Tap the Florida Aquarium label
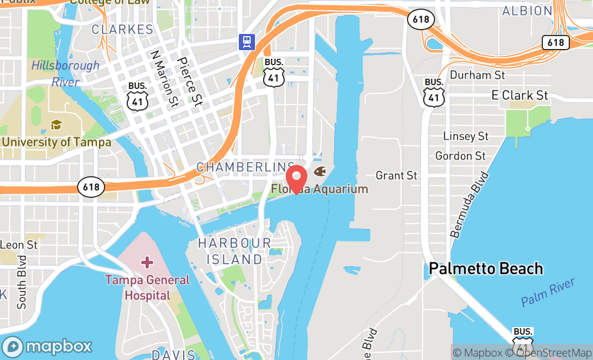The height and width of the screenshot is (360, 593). click(x=320, y=189)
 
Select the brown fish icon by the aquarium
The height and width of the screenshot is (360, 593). click(x=319, y=172)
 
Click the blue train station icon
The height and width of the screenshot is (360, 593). click(x=247, y=41)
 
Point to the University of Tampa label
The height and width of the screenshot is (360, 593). click(x=56, y=142)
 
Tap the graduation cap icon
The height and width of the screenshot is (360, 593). click(x=56, y=125)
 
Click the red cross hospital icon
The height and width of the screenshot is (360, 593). click(x=147, y=262)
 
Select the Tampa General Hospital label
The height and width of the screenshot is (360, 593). click(x=147, y=288)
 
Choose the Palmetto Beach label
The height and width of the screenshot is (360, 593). click(x=486, y=268)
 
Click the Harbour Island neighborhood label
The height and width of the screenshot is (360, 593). click(x=235, y=251)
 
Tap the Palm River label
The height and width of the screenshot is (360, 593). click(x=548, y=293)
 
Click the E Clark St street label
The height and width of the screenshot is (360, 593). click(x=520, y=95)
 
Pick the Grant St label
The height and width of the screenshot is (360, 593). click(x=396, y=175)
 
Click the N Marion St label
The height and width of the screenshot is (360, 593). click(x=164, y=78)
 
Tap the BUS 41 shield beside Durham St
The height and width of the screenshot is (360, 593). click(x=434, y=92)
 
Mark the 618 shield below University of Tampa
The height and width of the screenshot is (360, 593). click(x=91, y=187)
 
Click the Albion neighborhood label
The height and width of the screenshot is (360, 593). click(x=527, y=11)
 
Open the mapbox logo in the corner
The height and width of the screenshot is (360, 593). click(x=47, y=346)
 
